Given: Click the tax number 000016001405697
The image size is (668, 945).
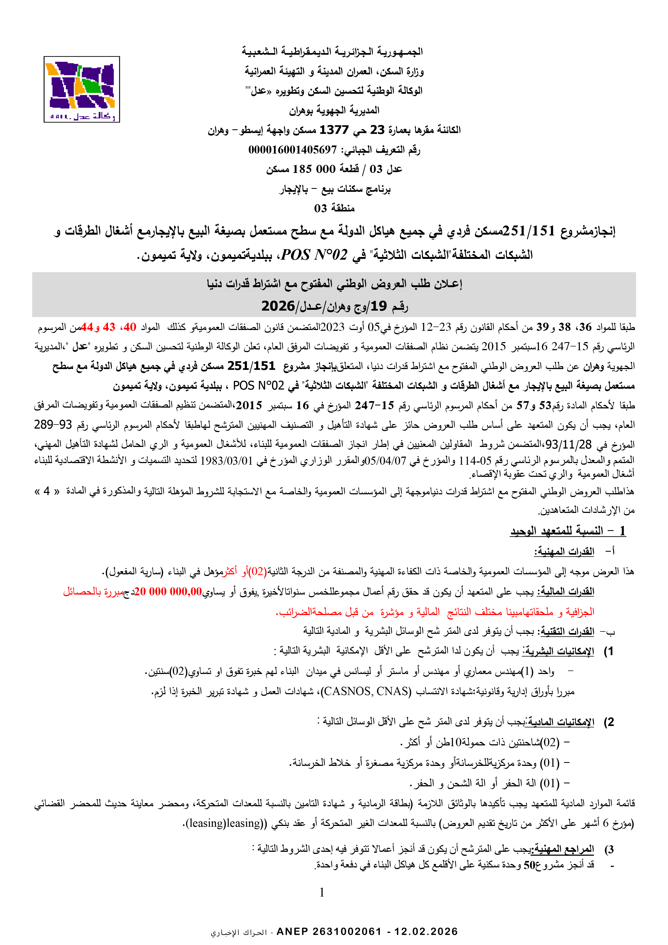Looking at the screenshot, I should (x=292, y=150).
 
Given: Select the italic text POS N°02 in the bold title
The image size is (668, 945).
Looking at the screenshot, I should (x=314, y=255).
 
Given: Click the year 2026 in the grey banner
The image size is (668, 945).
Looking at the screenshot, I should (x=278, y=306).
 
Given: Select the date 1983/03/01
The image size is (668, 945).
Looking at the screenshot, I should (x=226, y=460).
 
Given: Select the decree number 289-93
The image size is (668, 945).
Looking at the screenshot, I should (x=53, y=424).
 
